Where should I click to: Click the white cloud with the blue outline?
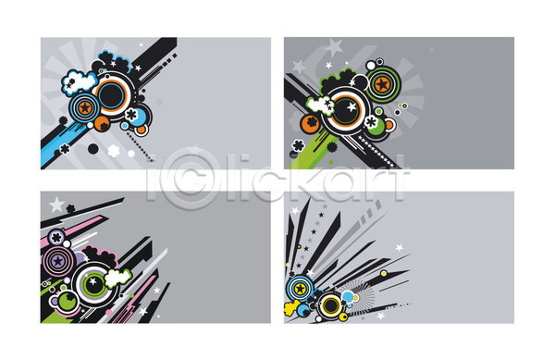(80, 82)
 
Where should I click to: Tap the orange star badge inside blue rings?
(84, 107)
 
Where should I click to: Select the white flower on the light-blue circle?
(131, 114)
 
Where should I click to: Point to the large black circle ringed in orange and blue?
(111, 95)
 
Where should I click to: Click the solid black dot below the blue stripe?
(93, 149)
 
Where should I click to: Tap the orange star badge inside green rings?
(382, 84)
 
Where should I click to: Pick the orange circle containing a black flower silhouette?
(311, 123)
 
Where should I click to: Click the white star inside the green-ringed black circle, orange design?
(351, 106)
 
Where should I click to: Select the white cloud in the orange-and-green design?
(321, 106)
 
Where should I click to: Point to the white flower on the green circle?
(371, 122)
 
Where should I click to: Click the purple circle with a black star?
(57, 262)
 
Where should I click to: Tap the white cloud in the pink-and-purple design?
(117, 278)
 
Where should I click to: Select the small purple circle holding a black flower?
(56, 238)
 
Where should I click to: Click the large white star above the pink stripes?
(56, 205)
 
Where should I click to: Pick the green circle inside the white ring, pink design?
(68, 302)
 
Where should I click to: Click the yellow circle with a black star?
(300, 289)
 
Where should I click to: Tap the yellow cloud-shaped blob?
(292, 307)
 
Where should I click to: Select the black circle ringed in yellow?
(331, 305)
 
